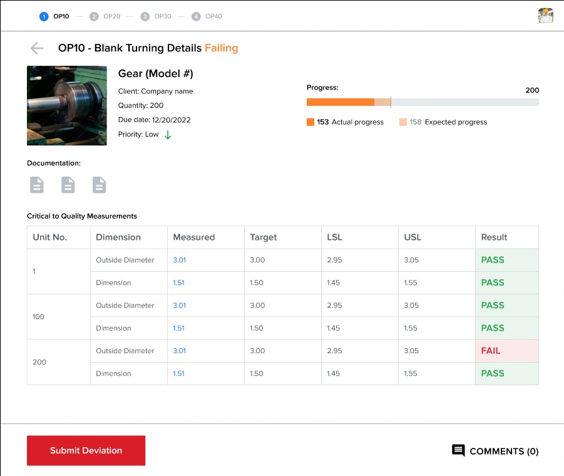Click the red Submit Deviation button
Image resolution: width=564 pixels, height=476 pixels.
point(86,450)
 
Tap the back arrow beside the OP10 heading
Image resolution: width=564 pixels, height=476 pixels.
point(37,48)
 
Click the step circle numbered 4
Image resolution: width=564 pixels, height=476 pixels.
point(196,16)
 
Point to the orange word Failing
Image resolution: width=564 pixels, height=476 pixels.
point(221,48)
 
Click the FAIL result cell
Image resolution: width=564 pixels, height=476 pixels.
point(506,351)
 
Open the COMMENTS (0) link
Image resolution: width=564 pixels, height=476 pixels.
point(495,451)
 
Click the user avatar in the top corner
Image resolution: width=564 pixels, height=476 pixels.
point(545,16)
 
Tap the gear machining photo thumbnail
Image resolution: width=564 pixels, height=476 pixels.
point(67,105)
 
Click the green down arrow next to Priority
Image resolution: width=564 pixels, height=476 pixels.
point(168,135)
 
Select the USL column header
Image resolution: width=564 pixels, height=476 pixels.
point(413,237)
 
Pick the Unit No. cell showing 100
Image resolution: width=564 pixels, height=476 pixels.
point(39,317)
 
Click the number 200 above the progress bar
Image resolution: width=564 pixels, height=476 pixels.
point(532,90)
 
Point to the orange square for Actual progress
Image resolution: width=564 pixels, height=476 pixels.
point(310,122)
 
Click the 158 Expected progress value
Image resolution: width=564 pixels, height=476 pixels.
point(416,122)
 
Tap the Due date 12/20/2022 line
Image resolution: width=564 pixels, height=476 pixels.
point(154,120)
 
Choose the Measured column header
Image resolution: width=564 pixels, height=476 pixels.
point(193,237)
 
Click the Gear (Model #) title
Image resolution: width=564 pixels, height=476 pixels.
point(155,74)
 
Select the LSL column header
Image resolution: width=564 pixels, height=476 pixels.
point(334,237)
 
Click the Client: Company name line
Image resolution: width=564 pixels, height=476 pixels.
point(155,91)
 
